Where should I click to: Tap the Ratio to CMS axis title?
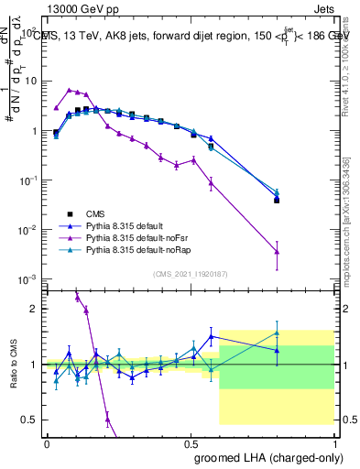pos(12,365)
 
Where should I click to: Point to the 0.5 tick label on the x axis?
pos(191,442)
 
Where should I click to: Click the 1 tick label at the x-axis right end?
pos(334,442)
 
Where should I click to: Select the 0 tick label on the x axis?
pos(47,442)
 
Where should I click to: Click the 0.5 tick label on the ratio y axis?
pos(30,420)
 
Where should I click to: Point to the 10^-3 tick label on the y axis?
pos(27,278)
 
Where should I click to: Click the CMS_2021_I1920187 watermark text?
pos(191,274)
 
